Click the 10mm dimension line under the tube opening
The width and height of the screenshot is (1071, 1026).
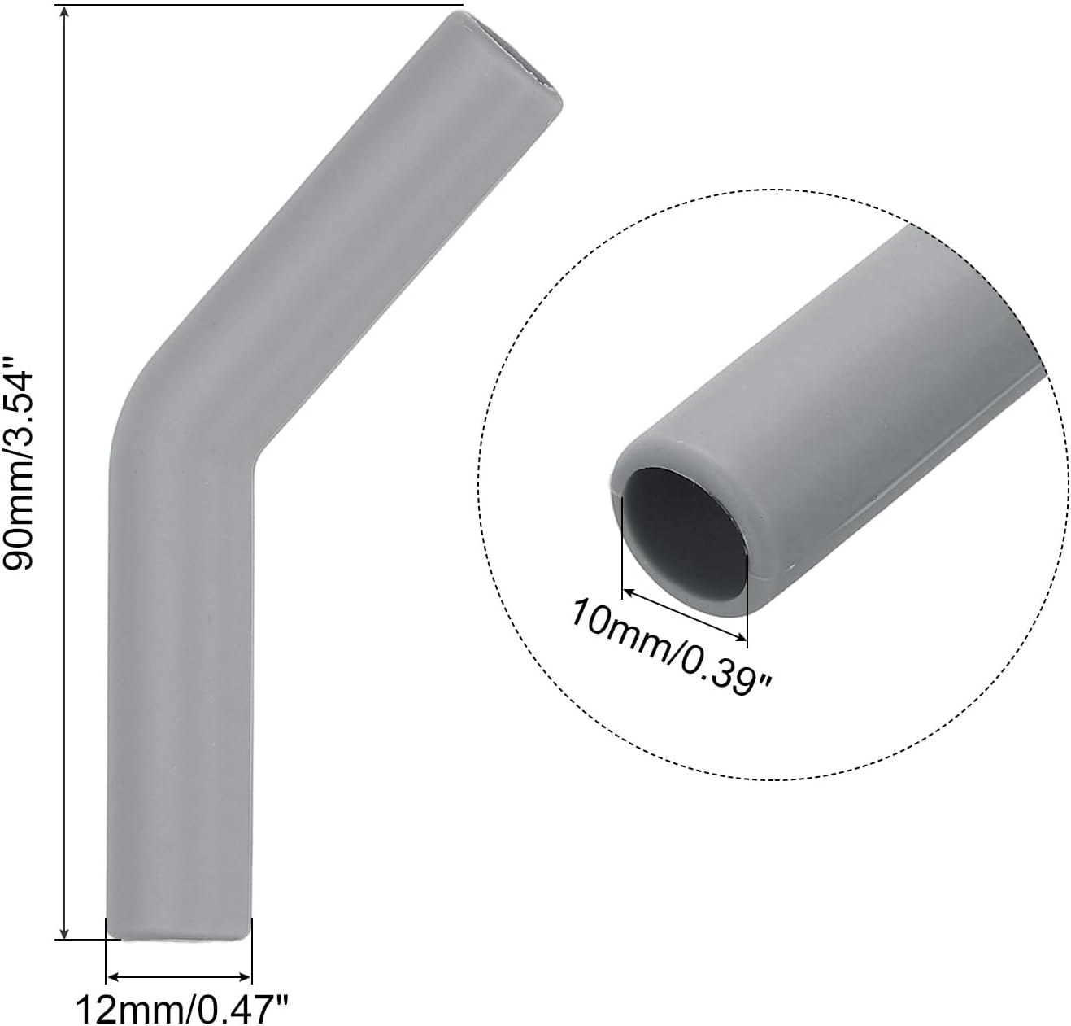click(x=684, y=614)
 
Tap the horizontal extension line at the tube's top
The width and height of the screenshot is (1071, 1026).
click(x=260, y=5)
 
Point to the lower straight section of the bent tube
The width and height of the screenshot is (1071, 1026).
click(x=179, y=692)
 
